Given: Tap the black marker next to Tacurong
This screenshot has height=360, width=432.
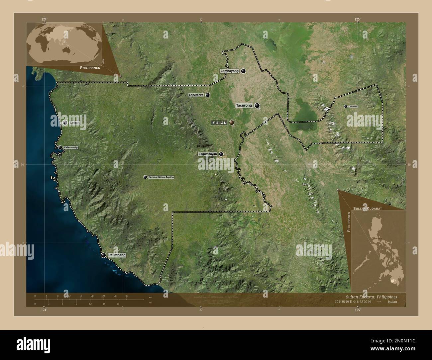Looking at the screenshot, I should click(257, 106).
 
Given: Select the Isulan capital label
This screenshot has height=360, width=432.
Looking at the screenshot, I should click(219, 123).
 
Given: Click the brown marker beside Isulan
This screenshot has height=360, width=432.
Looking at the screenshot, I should click(231, 123).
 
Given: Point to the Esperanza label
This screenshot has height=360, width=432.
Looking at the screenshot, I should click(196, 95).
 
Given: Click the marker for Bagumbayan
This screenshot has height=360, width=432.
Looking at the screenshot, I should click(221, 154).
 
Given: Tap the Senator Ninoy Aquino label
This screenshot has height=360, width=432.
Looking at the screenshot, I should click(161, 177).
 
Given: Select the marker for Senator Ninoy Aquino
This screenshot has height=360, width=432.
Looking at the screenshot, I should click(145, 177).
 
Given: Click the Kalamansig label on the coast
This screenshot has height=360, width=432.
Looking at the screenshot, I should click(71, 147).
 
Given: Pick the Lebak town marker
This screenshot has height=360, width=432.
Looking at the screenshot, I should click(65, 123).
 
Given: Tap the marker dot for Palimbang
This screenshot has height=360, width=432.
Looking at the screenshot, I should click(103, 255).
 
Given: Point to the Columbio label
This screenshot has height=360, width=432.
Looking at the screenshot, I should click(353, 107).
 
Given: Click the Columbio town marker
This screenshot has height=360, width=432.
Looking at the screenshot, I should click(346, 107).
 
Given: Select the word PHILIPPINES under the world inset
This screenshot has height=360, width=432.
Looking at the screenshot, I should click(90, 67).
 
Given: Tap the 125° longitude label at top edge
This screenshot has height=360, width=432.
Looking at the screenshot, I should click(357, 20).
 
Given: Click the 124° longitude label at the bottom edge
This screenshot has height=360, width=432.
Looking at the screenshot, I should click(44, 310).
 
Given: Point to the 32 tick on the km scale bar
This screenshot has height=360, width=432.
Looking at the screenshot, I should click(127, 296).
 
